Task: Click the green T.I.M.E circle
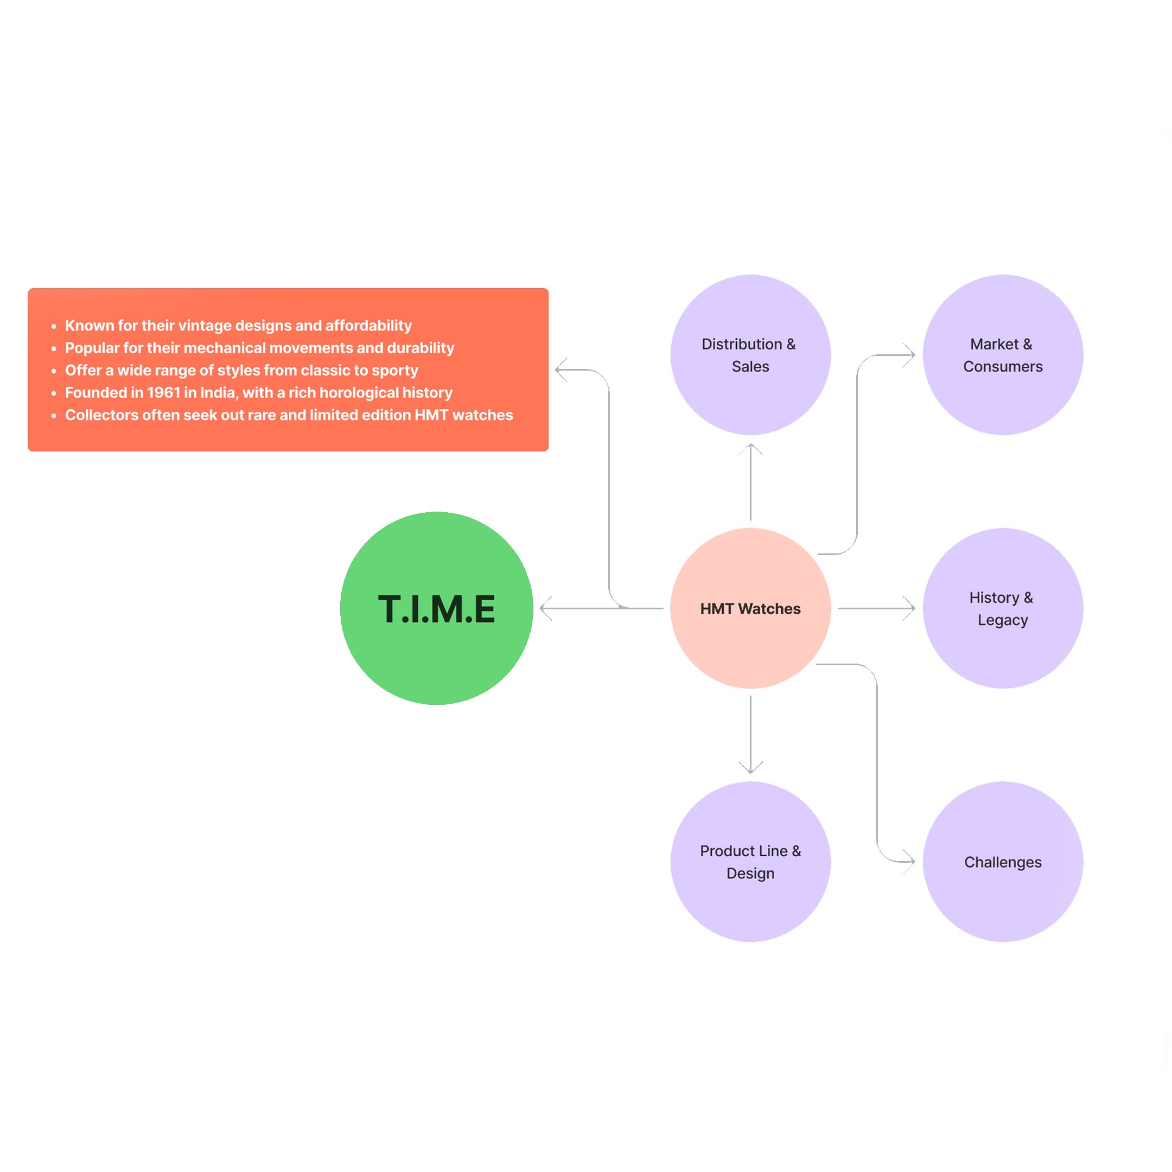click(x=436, y=608)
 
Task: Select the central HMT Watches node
click(x=750, y=608)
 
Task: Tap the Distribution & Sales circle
click(x=750, y=355)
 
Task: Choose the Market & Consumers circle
click(x=1002, y=355)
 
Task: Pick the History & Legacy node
click(x=1002, y=608)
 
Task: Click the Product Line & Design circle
click(x=750, y=862)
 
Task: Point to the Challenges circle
click(x=1002, y=862)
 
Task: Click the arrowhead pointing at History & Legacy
click(x=910, y=608)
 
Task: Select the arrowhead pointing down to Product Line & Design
click(x=750, y=769)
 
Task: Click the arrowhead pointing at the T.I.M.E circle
click(x=544, y=608)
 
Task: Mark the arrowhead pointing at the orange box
click(x=560, y=370)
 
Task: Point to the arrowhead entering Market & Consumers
click(x=910, y=355)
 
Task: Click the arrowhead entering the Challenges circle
click(x=910, y=861)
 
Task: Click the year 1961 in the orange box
click(x=164, y=392)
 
